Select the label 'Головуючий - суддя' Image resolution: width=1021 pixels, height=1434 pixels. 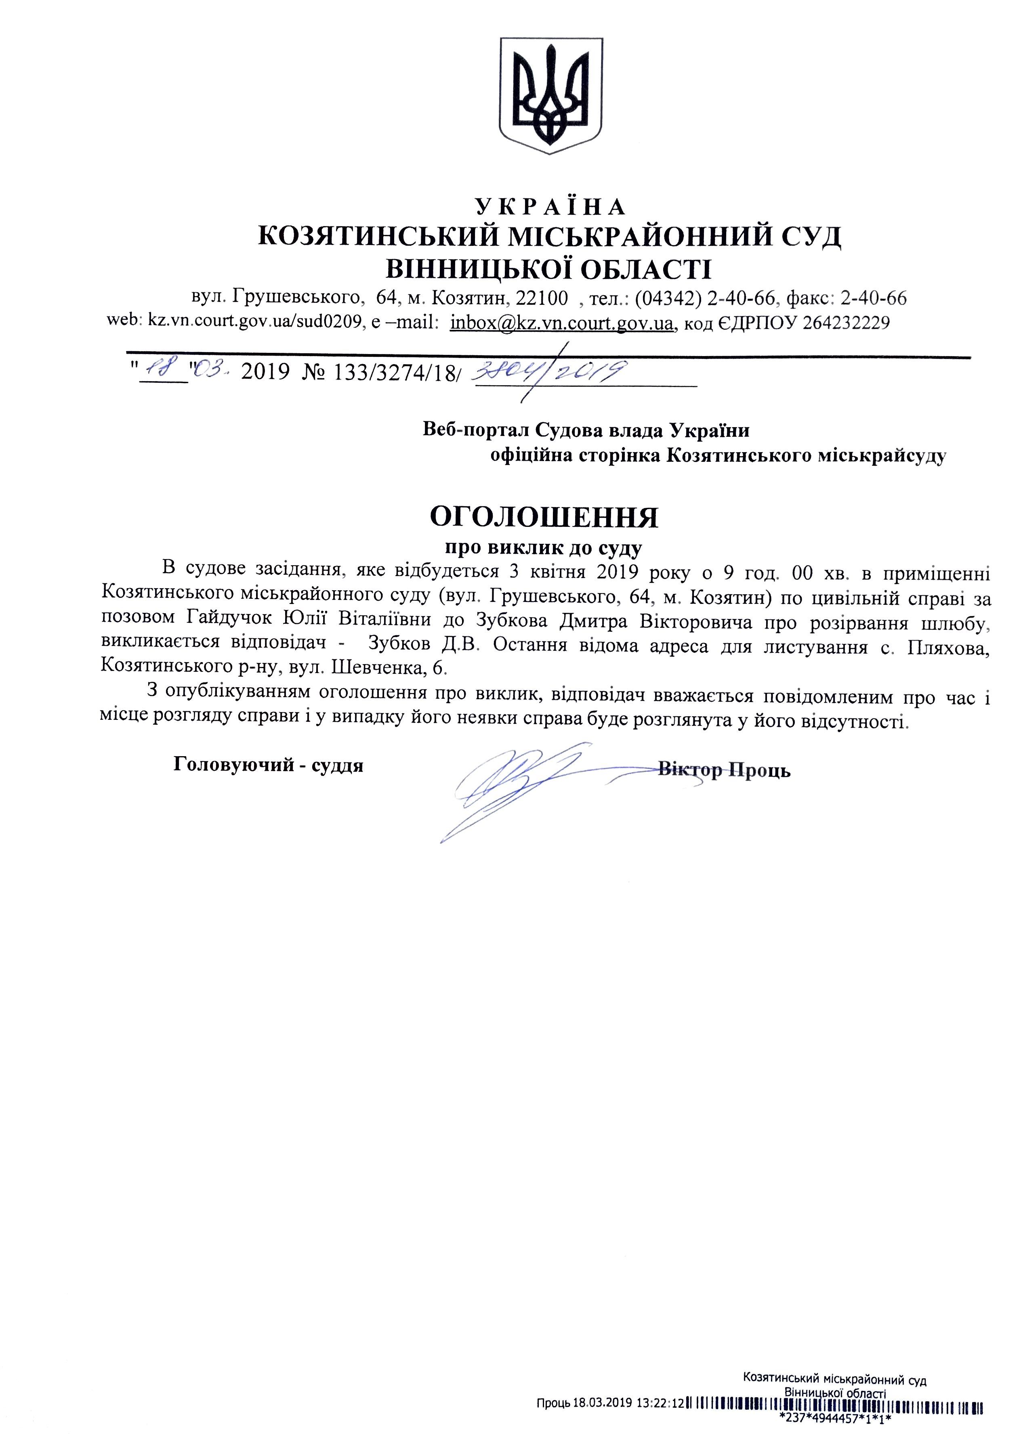click(x=269, y=765)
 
